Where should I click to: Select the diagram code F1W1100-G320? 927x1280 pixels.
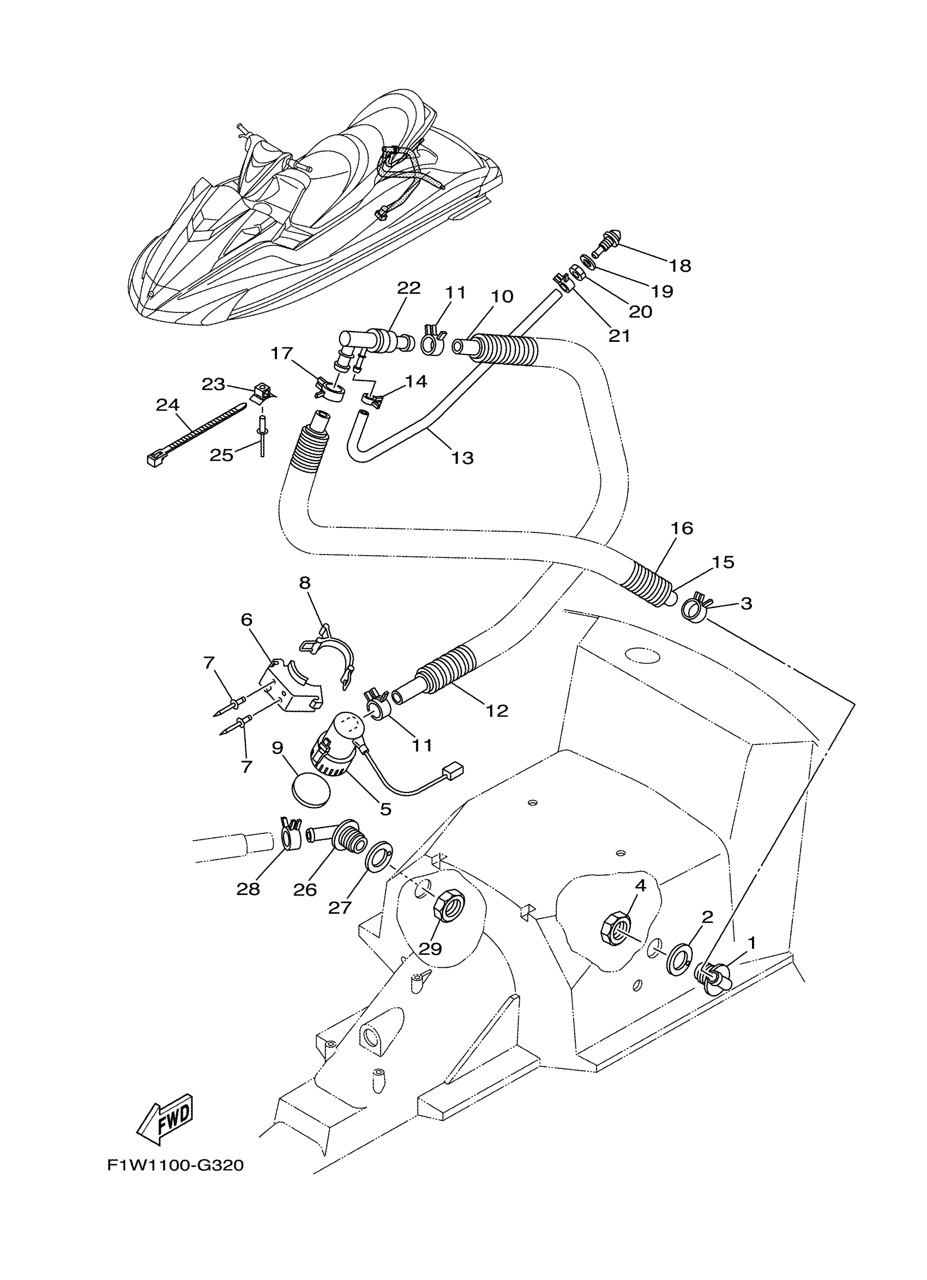pos(176,1165)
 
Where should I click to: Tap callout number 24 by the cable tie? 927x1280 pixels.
pos(167,405)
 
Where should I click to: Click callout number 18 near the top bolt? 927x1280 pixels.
pos(681,265)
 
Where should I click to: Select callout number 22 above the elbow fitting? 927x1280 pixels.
pos(409,289)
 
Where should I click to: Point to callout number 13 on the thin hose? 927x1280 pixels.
pos(462,457)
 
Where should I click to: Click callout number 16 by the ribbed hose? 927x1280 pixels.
pos(682,528)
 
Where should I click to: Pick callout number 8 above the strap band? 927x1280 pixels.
pos(305,582)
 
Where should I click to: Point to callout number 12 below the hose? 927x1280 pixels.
pos(497,710)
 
